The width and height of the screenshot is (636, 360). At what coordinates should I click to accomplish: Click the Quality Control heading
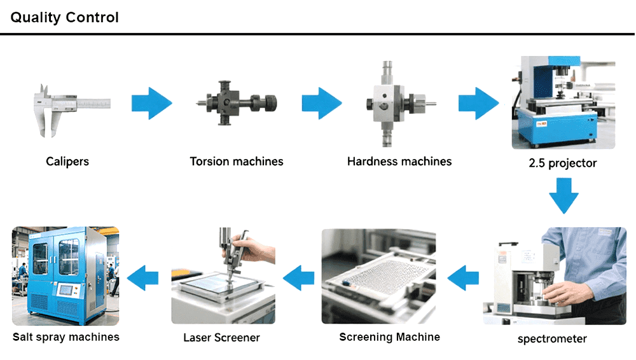(64, 17)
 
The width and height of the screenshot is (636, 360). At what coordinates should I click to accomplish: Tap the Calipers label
(67, 162)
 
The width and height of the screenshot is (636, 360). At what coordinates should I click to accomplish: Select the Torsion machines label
(237, 162)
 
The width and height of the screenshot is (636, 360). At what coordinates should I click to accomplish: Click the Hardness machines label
(399, 162)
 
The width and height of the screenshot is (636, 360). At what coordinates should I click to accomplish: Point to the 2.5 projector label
(563, 163)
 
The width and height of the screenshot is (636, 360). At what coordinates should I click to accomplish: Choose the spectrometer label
(552, 339)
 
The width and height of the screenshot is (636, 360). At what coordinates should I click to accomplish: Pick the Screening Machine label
(389, 337)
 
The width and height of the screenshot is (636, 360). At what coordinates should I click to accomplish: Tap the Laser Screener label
(221, 338)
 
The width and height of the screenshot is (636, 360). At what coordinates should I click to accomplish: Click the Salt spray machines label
(66, 337)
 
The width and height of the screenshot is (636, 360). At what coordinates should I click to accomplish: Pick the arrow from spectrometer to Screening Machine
(463, 277)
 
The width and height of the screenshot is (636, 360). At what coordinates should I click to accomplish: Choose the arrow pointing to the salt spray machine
(143, 277)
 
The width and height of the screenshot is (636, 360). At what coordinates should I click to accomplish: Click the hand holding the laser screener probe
(251, 247)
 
